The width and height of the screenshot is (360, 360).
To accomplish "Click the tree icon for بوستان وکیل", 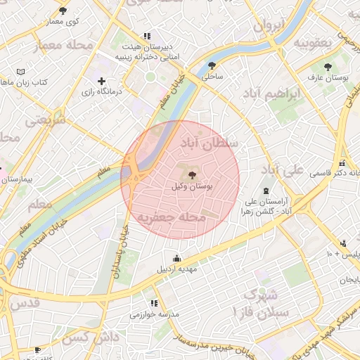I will point(193,175).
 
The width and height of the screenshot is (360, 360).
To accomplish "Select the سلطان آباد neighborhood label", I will point(210,145).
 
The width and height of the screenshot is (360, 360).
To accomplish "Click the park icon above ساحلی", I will point(212,65).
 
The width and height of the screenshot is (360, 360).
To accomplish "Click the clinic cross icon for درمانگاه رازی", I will point(102,82).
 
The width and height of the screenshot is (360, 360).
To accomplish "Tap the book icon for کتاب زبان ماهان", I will point(20,72).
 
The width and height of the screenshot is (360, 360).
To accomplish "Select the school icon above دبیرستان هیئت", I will point(146,36).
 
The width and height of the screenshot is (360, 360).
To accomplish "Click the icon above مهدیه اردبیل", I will point(176,257).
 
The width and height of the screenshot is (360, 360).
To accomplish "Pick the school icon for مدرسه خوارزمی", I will point(154,302).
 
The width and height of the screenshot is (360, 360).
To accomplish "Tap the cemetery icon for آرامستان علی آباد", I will point(266,191).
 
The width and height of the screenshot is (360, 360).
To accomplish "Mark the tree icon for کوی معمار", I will point(63,11).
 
